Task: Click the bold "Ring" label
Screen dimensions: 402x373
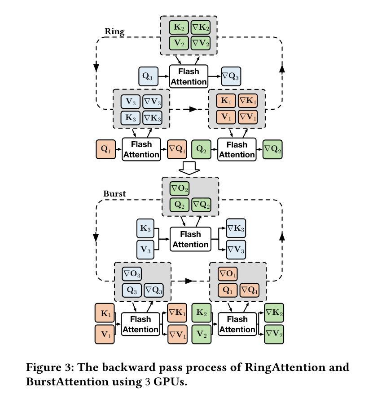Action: click(114, 31)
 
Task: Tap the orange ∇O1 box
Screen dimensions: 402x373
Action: click(228, 273)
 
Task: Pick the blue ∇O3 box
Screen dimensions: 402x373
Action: click(132, 273)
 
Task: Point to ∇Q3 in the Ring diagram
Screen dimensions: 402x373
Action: click(231, 76)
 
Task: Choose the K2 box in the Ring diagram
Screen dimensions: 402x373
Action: click(179, 27)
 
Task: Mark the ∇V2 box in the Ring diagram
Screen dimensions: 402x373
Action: click(200, 44)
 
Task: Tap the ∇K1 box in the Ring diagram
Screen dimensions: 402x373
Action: click(248, 100)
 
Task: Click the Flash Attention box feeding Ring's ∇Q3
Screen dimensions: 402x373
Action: click(189, 76)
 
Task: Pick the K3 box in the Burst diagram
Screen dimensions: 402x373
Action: click(145, 228)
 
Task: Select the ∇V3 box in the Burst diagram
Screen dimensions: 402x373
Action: click(235, 249)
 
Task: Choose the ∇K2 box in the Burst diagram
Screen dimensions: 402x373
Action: click(273, 313)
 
